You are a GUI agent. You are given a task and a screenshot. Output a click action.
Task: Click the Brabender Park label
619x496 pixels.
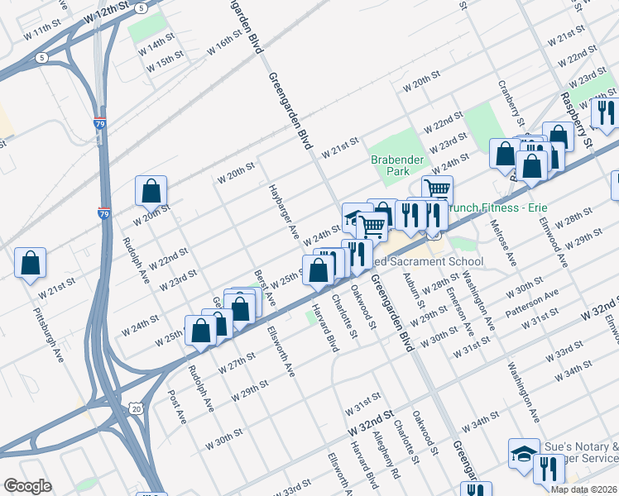396,165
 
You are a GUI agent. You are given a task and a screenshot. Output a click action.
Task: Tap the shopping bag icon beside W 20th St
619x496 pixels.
152,191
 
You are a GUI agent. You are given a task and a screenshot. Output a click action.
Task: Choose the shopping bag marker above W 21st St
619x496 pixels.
30,263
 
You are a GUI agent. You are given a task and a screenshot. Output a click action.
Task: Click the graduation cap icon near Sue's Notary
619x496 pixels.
523,454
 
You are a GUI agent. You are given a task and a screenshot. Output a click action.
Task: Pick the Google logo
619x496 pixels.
26,486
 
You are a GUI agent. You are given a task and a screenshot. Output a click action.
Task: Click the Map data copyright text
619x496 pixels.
583,489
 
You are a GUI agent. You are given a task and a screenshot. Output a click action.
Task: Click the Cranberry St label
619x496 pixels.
507,98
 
